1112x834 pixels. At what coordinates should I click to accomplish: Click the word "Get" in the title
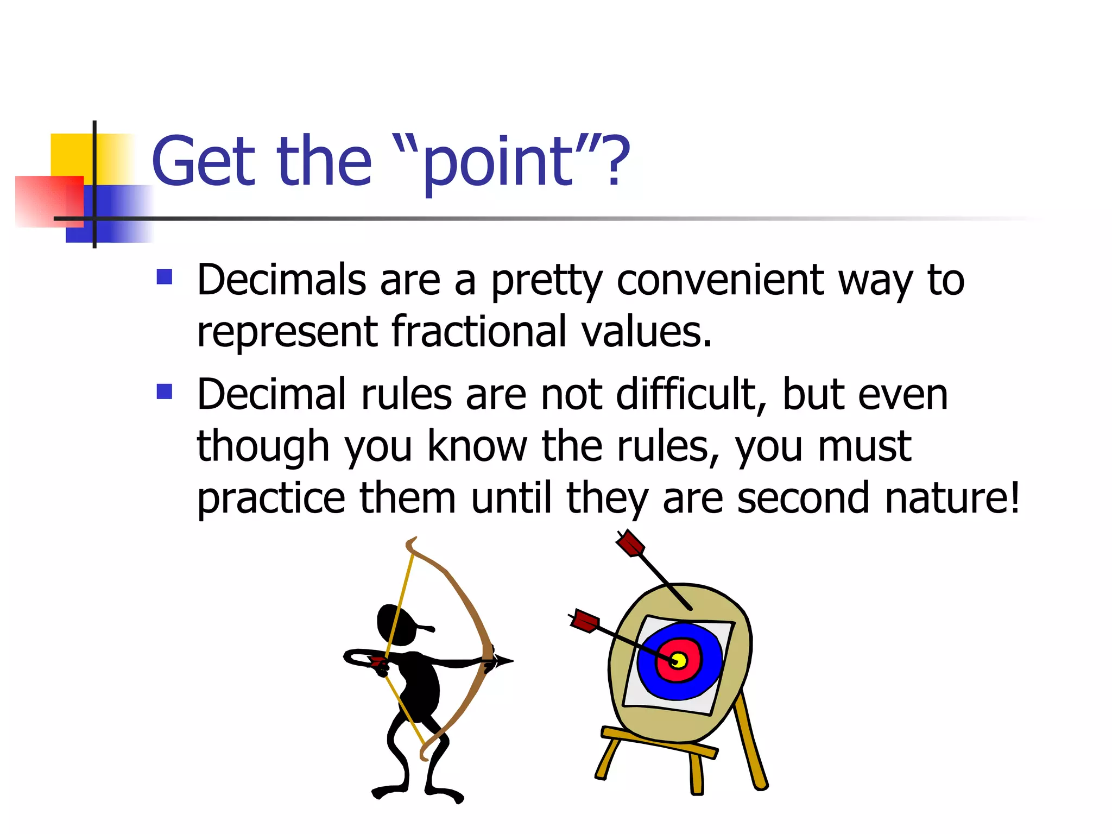[x=203, y=161]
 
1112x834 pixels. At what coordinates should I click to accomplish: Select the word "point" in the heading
[x=497, y=163]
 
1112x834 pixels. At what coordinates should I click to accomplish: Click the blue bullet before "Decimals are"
[x=164, y=277]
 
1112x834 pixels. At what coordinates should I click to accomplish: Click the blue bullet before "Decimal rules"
[x=164, y=391]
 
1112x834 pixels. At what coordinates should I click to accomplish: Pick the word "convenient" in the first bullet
[x=719, y=281]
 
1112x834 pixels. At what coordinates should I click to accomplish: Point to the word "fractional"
[x=478, y=332]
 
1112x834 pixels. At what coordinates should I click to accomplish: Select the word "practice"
[x=270, y=499]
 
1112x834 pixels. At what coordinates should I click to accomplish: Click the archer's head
[x=396, y=624]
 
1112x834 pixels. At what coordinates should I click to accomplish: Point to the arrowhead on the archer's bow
[x=502, y=661]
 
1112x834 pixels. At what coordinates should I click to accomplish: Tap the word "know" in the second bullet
[x=477, y=446]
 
